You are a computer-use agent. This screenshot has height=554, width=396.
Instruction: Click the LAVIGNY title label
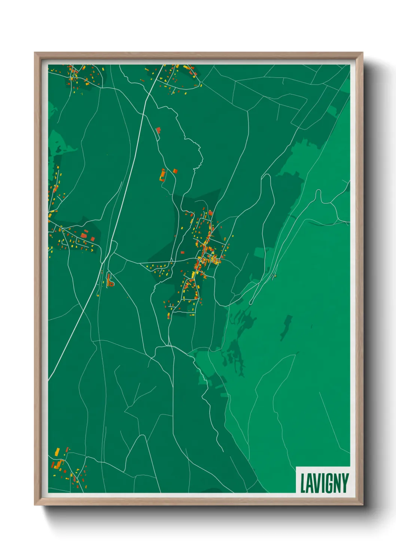324,483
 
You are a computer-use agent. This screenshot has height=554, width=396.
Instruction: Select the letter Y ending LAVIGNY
345,483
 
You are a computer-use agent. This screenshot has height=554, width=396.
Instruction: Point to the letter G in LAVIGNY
328,483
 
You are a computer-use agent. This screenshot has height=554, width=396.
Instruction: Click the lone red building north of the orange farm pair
158,130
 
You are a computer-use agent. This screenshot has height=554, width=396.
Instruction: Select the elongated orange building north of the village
162,175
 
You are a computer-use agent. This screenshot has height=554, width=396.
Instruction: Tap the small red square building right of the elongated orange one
175,171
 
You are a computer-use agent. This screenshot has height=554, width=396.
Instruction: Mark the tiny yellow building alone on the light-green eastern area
274,277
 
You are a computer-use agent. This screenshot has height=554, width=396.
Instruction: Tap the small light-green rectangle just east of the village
259,252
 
